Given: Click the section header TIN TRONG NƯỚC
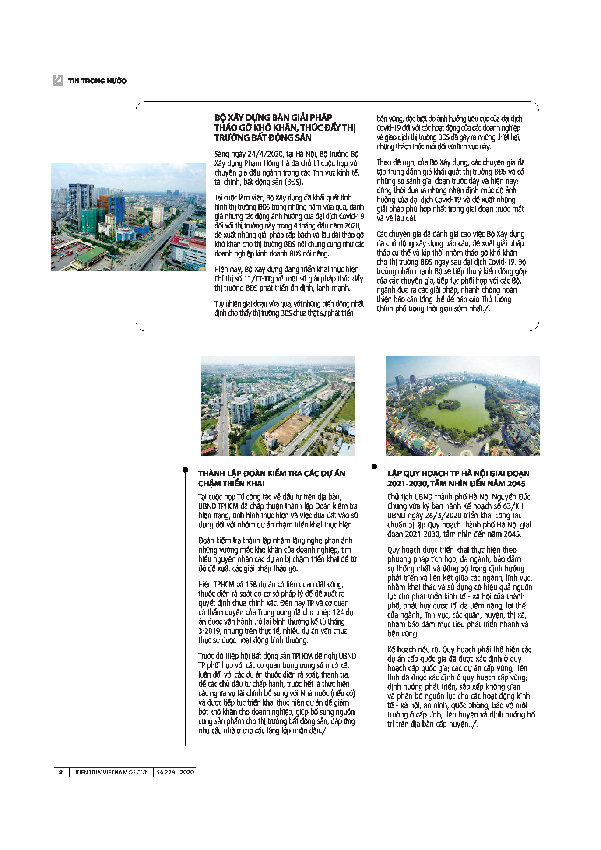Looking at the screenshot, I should point(97,81).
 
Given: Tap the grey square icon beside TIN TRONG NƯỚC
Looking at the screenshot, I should point(57,81).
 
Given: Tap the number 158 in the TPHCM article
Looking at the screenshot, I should point(251,584).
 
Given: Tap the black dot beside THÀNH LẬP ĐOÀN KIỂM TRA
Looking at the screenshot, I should point(185,470).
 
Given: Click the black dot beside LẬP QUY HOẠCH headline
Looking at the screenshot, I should point(374,467).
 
